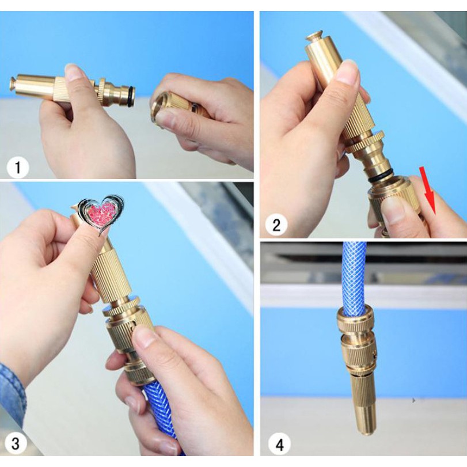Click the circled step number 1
click(x=18, y=168)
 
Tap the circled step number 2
click(x=276, y=225)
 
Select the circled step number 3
click(x=16, y=443)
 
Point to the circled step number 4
click(x=280, y=445)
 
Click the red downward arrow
click(x=428, y=191)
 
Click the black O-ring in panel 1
click(x=131, y=97)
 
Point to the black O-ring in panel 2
click(x=381, y=176)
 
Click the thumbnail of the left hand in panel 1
click(x=73, y=73)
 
